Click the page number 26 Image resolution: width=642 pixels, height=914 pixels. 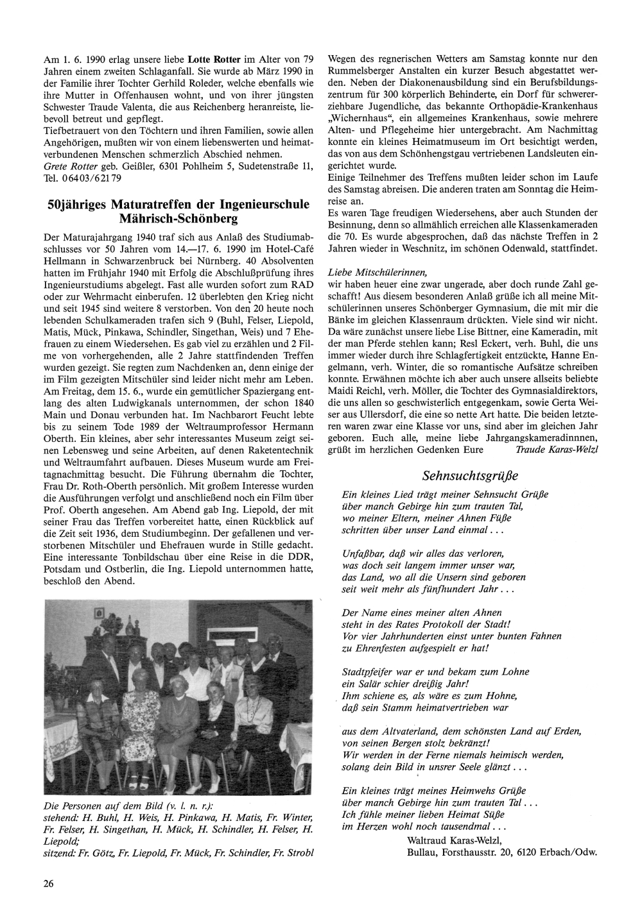point(49,883)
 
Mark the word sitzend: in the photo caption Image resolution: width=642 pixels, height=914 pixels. point(60,852)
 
